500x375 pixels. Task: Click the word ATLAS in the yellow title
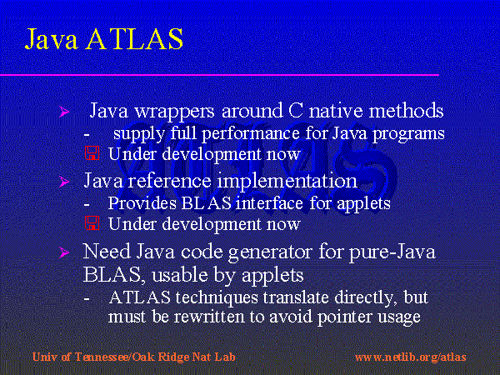(134, 38)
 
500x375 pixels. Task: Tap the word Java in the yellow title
(51, 38)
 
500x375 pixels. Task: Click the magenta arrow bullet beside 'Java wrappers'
(64, 112)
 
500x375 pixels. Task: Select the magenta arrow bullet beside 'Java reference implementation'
(64, 182)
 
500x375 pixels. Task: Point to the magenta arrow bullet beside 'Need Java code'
(64, 252)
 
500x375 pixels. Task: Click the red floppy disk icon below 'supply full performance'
(92, 153)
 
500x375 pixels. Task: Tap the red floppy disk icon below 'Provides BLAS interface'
(92, 223)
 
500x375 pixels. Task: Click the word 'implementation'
(287, 182)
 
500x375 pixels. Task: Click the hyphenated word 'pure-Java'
(392, 252)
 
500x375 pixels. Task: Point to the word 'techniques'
(217, 297)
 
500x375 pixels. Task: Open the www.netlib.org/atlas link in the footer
(410, 357)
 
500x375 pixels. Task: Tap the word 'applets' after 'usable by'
(272, 276)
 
